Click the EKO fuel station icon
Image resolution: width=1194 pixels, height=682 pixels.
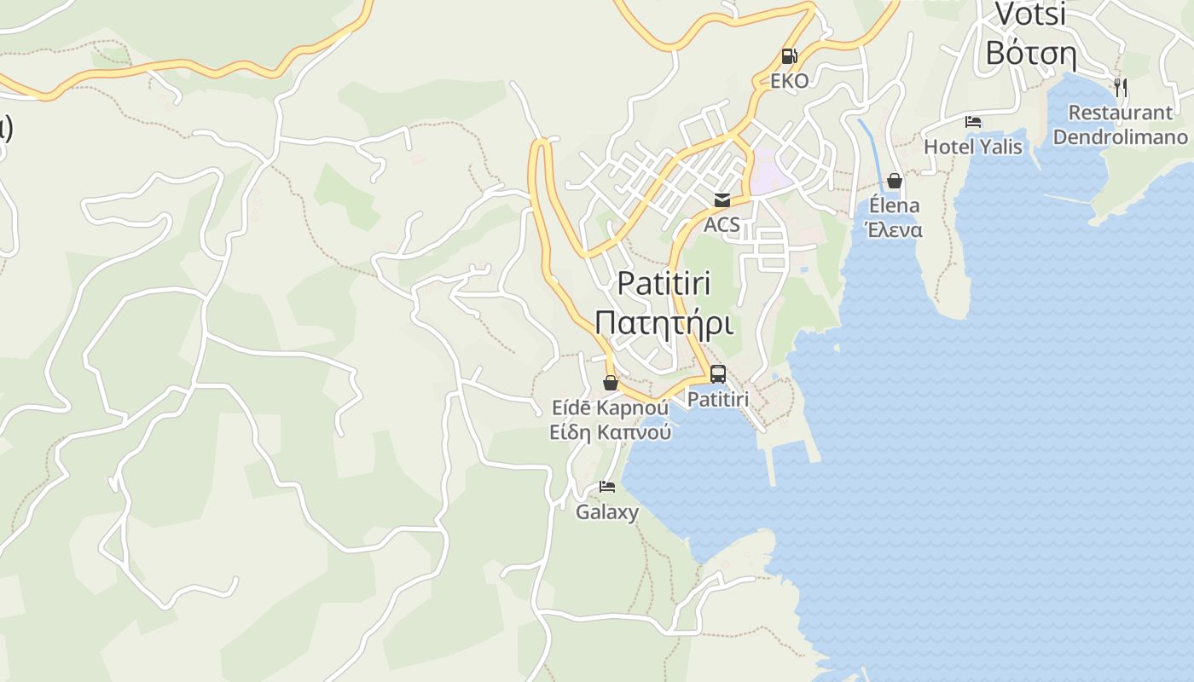click(789, 57)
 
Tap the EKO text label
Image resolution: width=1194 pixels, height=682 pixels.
click(789, 81)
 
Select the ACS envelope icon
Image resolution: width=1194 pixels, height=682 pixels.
click(722, 200)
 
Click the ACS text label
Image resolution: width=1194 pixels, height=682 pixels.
click(722, 226)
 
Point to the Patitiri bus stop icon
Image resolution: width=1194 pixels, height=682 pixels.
click(718, 373)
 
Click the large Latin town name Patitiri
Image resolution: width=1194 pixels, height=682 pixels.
click(664, 283)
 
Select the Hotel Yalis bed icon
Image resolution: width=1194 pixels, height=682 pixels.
click(973, 122)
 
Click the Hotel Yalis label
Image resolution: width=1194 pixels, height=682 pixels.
click(973, 147)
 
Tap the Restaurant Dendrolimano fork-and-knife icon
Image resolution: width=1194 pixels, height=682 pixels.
click(1121, 86)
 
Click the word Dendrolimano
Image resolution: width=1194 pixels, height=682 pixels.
click(1120, 137)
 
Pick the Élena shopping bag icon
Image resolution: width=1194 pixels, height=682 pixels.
click(895, 181)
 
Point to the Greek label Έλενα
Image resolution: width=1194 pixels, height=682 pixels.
click(894, 230)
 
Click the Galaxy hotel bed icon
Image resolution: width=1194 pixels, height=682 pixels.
click(607, 487)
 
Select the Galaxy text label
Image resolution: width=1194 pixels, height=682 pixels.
click(607, 512)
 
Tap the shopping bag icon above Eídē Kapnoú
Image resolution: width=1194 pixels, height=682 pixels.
click(611, 383)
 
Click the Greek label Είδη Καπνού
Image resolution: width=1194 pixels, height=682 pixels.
click(610, 432)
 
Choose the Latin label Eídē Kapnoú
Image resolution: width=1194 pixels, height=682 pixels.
click(610, 407)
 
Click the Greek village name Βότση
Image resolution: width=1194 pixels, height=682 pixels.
click(1030, 53)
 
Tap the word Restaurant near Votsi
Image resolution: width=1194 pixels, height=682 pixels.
click(1120, 113)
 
